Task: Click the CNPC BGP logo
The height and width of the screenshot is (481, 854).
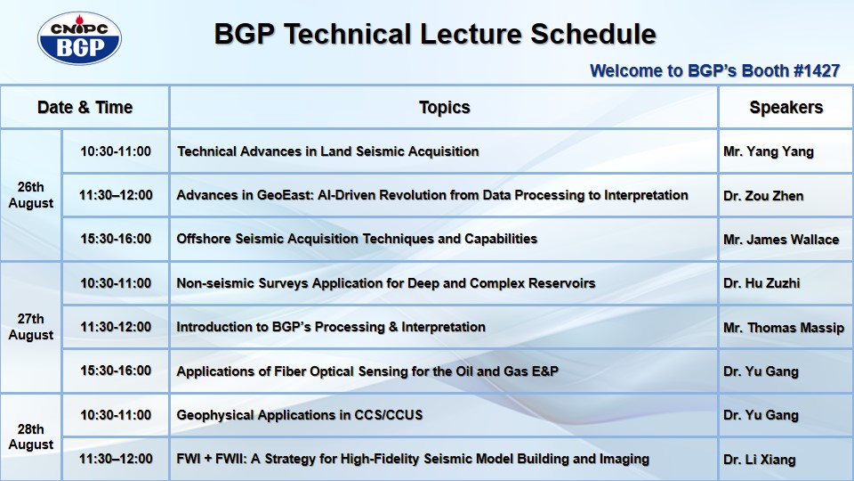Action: [79, 38]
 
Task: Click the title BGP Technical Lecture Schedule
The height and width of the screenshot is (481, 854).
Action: [435, 34]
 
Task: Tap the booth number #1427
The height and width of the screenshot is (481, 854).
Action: [817, 71]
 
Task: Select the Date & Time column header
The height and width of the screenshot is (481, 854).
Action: [85, 108]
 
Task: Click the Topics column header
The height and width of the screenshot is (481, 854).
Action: [445, 108]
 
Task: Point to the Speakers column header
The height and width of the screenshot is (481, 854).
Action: [786, 108]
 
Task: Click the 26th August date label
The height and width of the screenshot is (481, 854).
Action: [31, 195]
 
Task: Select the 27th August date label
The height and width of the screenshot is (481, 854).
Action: [31, 327]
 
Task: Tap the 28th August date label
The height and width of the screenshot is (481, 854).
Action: [31, 436]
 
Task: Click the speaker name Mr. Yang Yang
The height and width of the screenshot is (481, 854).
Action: [769, 151]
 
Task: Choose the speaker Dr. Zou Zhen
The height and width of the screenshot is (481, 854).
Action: [763, 196]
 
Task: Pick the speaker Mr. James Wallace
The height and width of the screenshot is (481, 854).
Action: [781, 240]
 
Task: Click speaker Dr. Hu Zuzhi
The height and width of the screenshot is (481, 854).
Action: [761, 283]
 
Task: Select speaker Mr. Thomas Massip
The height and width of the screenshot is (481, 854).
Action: [784, 328]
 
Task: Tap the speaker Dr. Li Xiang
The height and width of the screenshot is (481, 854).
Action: [759, 460]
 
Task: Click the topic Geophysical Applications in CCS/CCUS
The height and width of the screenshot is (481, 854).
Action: [300, 415]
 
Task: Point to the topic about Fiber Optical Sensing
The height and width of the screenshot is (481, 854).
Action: [367, 371]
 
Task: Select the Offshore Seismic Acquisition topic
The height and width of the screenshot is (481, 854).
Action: [357, 239]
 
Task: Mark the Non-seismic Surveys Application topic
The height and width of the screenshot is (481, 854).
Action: [385, 283]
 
